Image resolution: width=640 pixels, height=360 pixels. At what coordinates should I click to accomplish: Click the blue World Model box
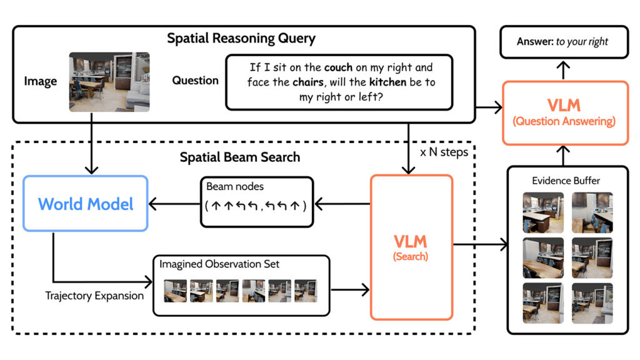click(x=86, y=204)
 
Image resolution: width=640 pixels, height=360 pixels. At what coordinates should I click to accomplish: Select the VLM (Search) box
click(x=411, y=247)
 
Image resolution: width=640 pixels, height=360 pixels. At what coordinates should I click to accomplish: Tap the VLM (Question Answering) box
click(x=564, y=112)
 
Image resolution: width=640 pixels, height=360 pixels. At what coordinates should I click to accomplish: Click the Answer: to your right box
click(x=562, y=42)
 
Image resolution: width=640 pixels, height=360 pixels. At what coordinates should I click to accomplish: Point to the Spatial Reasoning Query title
click(x=241, y=39)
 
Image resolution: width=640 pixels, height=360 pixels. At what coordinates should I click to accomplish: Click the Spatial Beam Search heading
click(x=239, y=157)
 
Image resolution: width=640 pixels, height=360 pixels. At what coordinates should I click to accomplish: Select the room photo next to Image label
click(x=109, y=82)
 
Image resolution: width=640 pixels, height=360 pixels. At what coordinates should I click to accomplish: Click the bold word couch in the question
click(x=340, y=67)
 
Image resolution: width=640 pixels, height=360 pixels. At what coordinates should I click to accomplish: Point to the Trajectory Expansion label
click(x=94, y=296)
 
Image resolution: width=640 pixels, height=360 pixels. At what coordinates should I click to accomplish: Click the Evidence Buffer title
click(x=566, y=181)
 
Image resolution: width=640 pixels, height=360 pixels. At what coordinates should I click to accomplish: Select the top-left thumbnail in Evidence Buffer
click(x=542, y=212)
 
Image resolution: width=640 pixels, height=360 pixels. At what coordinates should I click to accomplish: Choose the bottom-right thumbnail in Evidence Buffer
click(x=592, y=302)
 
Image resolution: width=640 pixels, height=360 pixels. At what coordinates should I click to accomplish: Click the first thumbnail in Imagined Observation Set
click(x=176, y=290)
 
